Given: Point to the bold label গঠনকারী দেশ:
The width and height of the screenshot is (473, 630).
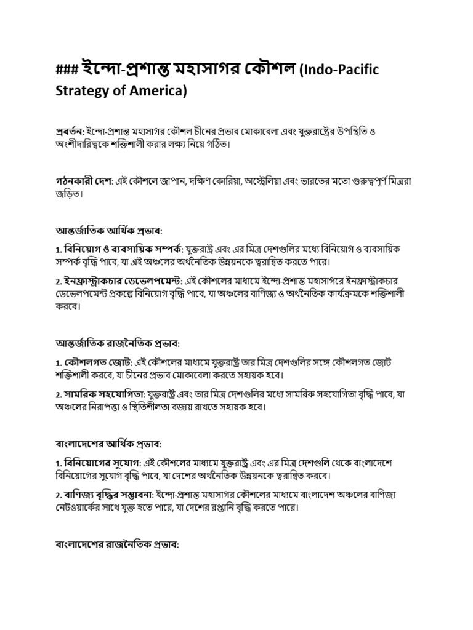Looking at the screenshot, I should click(x=78, y=181).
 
